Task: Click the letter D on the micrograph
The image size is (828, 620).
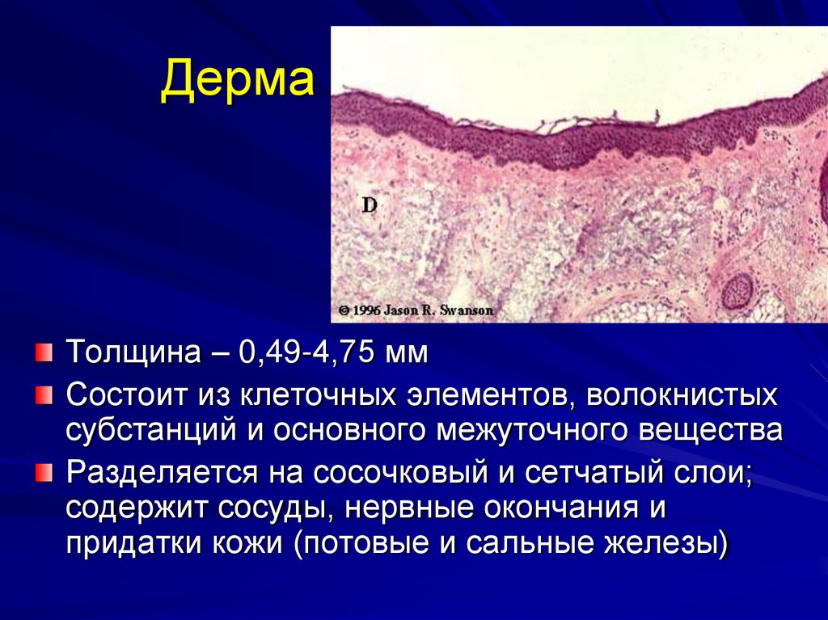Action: pos(369,205)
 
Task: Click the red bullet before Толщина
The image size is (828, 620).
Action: pos(42,352)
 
